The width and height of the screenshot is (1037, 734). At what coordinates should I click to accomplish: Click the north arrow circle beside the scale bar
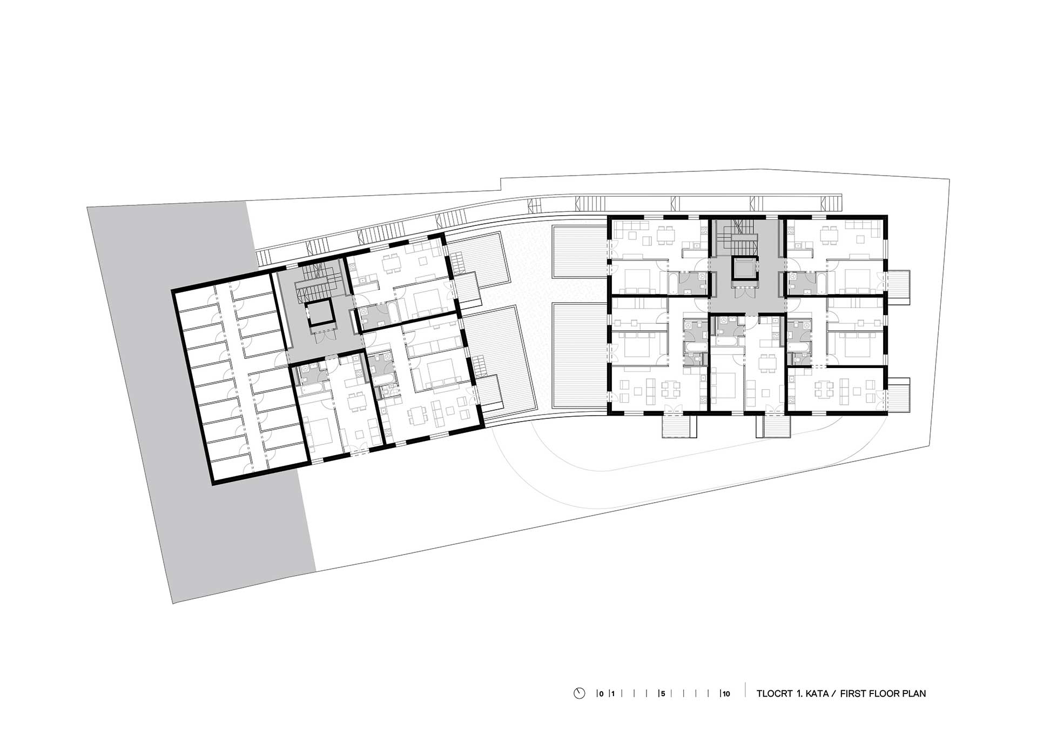580,693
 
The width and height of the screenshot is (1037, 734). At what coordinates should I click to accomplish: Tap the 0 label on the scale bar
601,694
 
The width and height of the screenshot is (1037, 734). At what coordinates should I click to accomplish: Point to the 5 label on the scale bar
663,694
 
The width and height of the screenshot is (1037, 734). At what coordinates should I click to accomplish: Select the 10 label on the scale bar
726,694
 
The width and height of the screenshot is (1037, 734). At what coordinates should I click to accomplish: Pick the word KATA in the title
818,693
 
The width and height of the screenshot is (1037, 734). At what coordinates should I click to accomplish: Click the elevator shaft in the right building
745,271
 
